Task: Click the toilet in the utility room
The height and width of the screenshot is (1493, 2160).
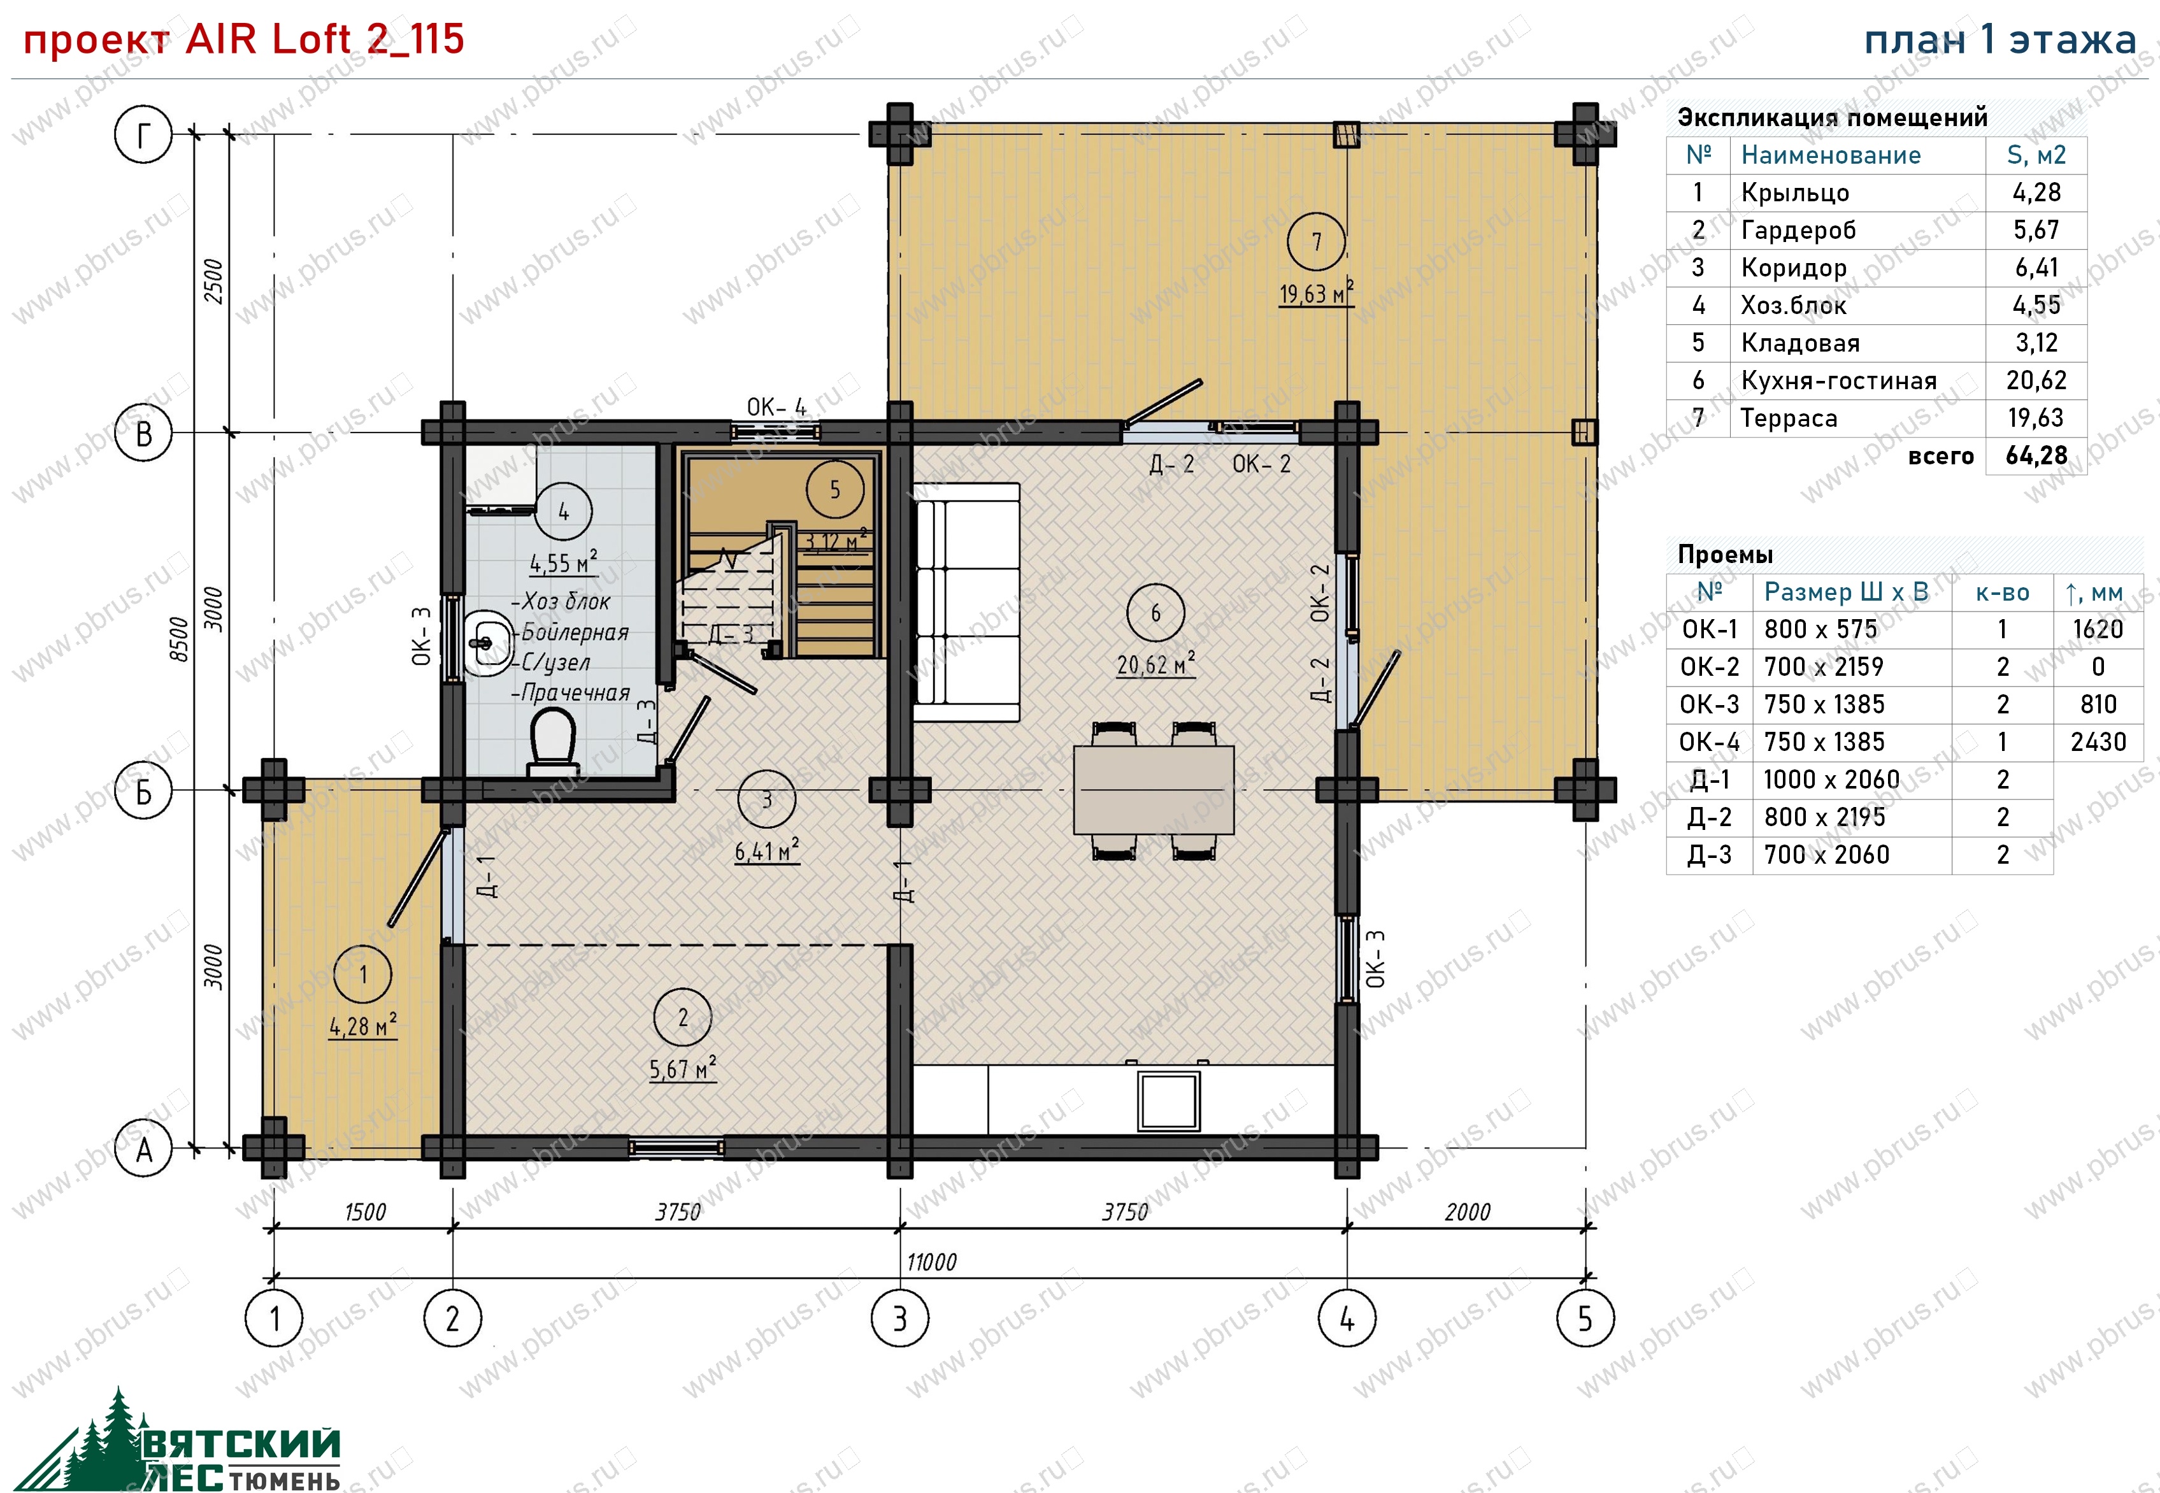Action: click(552, 743)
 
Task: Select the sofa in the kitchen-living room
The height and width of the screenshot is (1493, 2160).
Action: click(966, 603)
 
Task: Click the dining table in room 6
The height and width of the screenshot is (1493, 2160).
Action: click(1154, 790)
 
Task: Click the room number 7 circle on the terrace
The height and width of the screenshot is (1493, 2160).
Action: click(1316, 241)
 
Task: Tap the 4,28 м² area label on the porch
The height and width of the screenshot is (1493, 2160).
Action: click(363, 1025)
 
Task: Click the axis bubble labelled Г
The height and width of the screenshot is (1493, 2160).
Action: click(143, 134)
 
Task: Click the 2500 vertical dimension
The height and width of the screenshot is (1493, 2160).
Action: click(214, 281)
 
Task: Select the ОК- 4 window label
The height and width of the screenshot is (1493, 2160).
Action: click(775, 407)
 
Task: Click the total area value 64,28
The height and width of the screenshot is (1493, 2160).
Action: click(2036, 455)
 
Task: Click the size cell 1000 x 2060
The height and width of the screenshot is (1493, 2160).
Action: click(1831, 779)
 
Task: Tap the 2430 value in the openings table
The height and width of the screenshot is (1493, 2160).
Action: click(2098, 742)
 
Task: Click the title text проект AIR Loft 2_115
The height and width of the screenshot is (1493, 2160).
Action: click(243, 39)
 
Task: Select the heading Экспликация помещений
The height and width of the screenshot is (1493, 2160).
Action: click(1832, 117)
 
